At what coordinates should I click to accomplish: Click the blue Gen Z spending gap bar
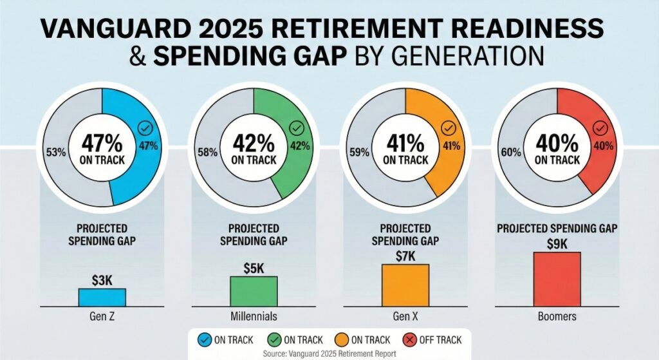coord(102,297)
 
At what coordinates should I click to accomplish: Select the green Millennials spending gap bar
coord(254,291)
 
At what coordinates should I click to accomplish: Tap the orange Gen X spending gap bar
coord(405,285)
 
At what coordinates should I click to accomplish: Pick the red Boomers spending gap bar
coord(557,279)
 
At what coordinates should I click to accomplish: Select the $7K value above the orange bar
coord(405,256)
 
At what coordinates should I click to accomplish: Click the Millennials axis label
coord(254,317)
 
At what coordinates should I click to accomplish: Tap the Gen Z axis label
coord(102,317)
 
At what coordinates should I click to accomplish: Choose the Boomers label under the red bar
coord(557,317)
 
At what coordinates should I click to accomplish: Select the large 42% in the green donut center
coord(254,142)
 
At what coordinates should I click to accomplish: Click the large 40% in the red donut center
coord(557,142)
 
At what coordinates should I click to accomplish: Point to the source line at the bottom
coord(329,353)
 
